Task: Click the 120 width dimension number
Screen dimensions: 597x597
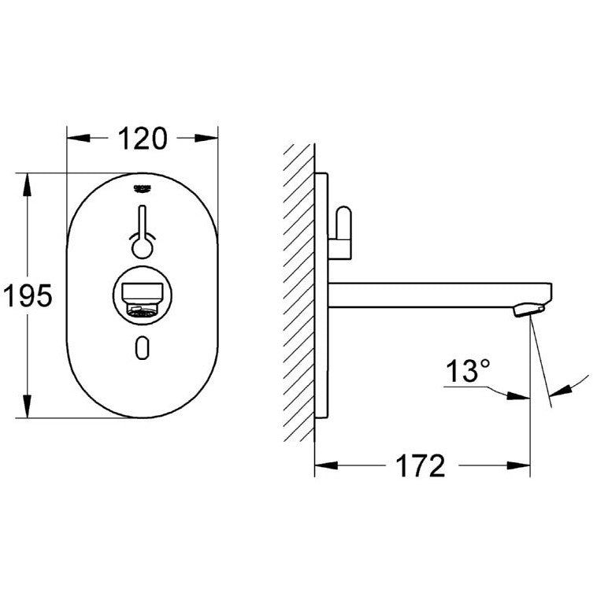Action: [x=143, y=138]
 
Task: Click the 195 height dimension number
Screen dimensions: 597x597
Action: [x=27, y=296]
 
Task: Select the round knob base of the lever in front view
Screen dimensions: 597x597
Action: [x=142, y=249]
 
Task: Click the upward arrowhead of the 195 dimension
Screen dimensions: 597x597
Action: [x=28, y=183]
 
